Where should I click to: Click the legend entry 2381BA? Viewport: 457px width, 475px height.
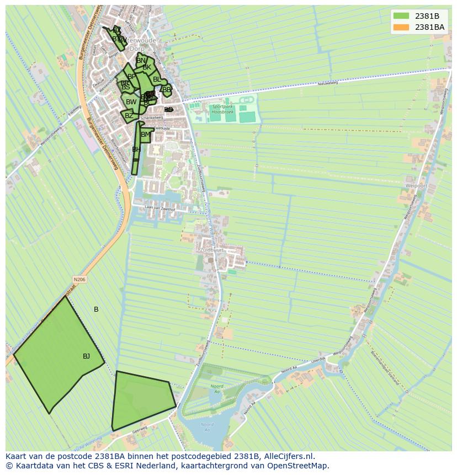click(x=429, y=27)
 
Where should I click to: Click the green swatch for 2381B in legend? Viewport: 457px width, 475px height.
click(x=401, y=16)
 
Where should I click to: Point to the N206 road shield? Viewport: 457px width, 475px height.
click(x=79, y=280)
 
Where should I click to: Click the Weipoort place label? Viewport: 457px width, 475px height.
click(x=416, y=186)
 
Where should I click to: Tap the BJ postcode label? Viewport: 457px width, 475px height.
click(x=86, y=356)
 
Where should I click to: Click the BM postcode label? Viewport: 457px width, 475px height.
click(x=146, y=135)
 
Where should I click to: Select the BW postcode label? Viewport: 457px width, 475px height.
click(x=131, y=102)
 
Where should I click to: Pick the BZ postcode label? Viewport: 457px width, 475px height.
click(x=129, y=116)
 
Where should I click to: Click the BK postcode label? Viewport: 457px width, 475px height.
click(x=147, y=67)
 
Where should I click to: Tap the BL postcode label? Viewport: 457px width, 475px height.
click(x=157, y=79)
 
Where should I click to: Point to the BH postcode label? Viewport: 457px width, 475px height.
click(x=136, y=150)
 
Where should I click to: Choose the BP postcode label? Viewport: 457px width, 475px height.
click(x=131, y=77)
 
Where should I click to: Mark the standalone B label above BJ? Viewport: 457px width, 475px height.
click(x=96, y=309)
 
